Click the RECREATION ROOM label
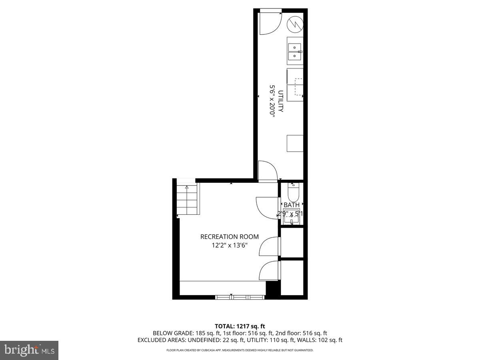229,236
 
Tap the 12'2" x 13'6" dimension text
229,245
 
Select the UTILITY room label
281,101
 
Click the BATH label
292,205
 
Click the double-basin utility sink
295,51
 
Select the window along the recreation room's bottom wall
240,297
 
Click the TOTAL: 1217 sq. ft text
240,326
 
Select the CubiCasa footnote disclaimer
240,350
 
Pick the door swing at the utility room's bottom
267,171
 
